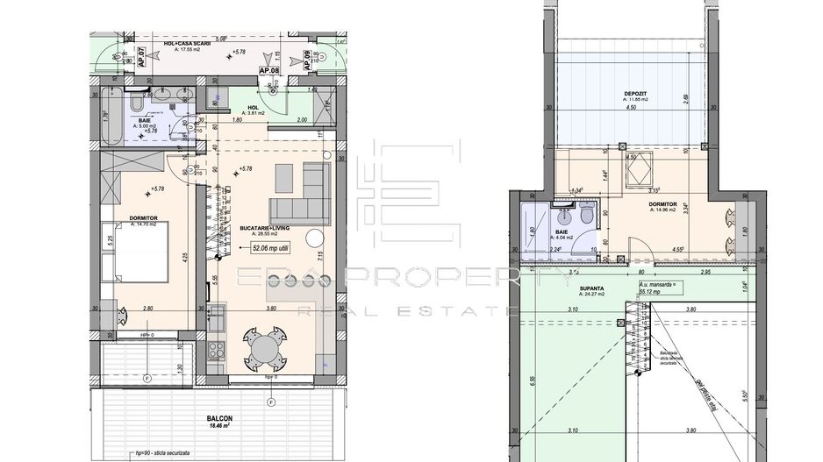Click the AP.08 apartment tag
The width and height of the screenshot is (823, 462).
click(x=268, y=71)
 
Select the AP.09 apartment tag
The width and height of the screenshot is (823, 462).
click(x=307, y=60)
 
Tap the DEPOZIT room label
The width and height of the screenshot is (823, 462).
click(x=636, y=93)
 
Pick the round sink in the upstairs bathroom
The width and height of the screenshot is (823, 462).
click(x=562, y=216)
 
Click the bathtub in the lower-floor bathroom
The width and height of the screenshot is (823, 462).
click(x=110, y=117)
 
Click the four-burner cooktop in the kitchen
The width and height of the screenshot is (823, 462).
click(x=217, y=347)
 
